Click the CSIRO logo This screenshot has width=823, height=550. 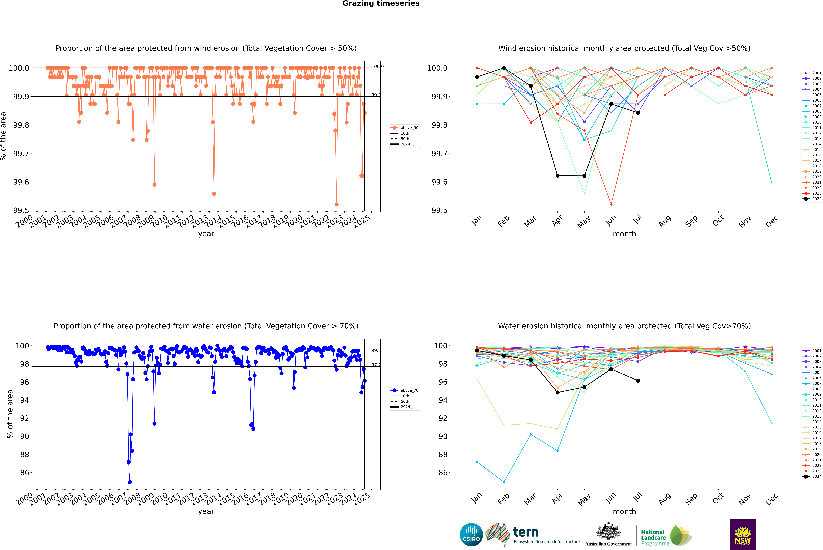coord(471,535)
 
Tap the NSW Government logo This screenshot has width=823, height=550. coord(743,535)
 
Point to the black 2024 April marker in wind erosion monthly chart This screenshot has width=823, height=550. coord(557,176)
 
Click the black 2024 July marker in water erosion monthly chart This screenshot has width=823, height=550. coord(638,381)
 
